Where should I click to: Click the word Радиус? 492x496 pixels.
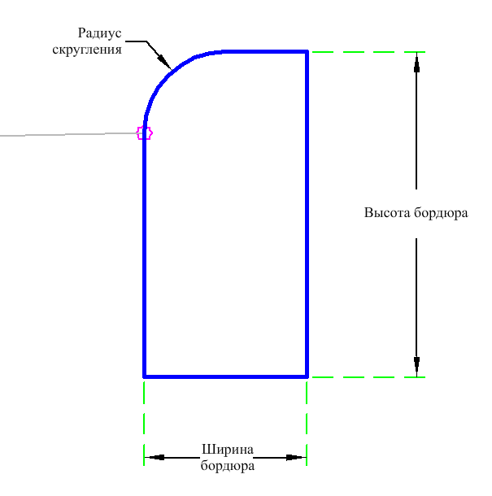click(100, 33)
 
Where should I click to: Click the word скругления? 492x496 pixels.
click(87, 50)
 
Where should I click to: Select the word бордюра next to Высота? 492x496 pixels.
click(441, 213)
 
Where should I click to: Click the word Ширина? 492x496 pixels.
click(228, 450)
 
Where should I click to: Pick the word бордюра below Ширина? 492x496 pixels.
click(228, 466)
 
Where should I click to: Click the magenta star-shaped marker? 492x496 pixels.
click(144, 133)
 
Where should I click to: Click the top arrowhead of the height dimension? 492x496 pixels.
click(416, 63)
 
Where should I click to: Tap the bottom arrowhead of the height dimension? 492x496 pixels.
click(416, 367)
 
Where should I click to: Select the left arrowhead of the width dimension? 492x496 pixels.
click(155, 458)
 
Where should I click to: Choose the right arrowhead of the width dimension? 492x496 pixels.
click(296, 458)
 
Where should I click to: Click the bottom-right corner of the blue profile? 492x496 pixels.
click(307, 376)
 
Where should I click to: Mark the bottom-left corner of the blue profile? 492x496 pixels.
click(144, 376)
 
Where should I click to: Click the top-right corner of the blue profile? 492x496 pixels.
click(307, 51)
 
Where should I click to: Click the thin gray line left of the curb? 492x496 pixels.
click(68, 134)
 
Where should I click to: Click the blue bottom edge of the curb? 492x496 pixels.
click(225, 376)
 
